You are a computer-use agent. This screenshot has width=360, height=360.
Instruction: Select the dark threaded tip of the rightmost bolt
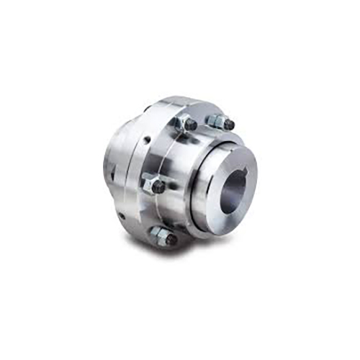[229, 125]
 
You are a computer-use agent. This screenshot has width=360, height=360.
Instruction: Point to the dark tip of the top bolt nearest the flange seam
[191, 125]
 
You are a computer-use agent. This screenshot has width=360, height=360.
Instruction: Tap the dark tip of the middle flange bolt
[159, 186]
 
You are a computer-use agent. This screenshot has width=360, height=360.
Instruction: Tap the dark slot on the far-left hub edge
[113, 173]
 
